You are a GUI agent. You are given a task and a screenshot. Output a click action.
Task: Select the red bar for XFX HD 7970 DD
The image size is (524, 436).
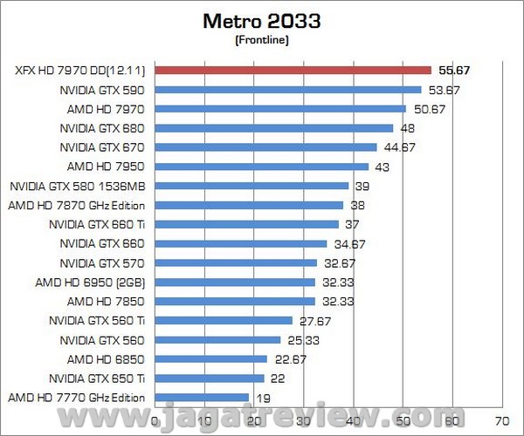[293, 70]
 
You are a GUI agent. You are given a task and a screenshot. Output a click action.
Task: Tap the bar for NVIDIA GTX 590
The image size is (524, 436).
[288, 89]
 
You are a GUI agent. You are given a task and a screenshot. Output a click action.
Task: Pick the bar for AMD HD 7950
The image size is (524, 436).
[262, 166]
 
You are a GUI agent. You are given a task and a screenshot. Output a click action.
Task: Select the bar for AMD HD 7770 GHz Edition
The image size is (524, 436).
[203, 398]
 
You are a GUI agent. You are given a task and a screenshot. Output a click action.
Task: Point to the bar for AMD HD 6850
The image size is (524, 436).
[211, 358]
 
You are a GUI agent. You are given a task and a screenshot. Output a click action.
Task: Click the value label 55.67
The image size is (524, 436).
[453, 70]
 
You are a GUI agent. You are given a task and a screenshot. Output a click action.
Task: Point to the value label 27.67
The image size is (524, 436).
[314, 320]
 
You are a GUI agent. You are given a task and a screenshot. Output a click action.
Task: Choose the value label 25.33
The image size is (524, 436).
[303, 339]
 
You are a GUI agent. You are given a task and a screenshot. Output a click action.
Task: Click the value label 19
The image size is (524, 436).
[263, 398]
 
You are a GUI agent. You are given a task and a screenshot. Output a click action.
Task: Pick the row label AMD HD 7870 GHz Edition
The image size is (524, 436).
[77, 205]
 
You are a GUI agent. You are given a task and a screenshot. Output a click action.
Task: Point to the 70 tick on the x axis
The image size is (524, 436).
[500, 419]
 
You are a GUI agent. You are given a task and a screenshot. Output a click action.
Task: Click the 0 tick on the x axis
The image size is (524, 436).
[155, 419]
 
